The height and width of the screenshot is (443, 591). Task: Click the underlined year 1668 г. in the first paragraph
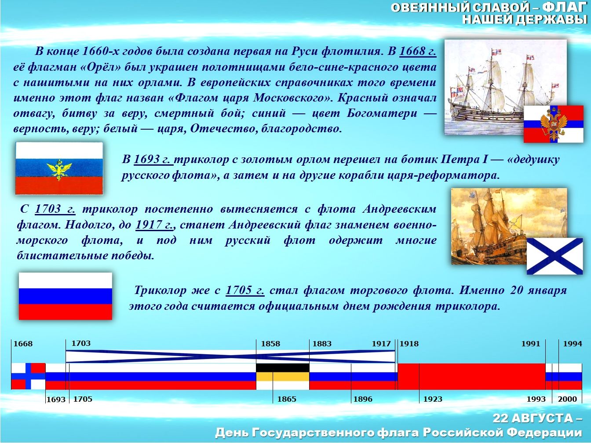pyautogui.click(x=418, y=51)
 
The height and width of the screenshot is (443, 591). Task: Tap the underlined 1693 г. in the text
pyautogui.click(x=153, y=160)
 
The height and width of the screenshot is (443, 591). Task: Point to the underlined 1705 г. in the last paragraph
pyautogui.click(x=245, y=290)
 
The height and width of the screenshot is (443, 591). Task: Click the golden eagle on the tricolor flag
pyautogui.click(x=59, y=170)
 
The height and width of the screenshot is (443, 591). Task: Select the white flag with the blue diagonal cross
pyautogui.click(x=555, y=256)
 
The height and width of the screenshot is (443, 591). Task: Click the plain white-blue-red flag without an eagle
pyautogui.click(x=66, y=296)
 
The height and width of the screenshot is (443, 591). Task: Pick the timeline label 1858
pyautogui.click(x=270, y=344)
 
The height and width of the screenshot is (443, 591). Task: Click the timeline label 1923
pyautogui.click(x=433, y=399)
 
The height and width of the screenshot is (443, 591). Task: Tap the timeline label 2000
pyautogui.click(x=568, y=399)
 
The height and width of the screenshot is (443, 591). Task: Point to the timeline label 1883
pyautogui.click(x=322, y=344)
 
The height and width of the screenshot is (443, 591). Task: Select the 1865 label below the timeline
pyautogui.click(x=287, y=399)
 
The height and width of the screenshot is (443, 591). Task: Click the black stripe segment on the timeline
pyautogui.click(x=282, y=368)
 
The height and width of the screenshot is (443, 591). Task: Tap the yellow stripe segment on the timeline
pyautogui.click(x=282, y=377)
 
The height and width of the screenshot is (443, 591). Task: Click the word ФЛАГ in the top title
pyautogui.click(x=565, y=8)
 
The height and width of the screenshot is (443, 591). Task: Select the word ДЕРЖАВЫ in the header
pyautogui.click(x=551, y=19)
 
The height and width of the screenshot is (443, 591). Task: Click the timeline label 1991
pyautogui.click(x=531, y=344)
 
